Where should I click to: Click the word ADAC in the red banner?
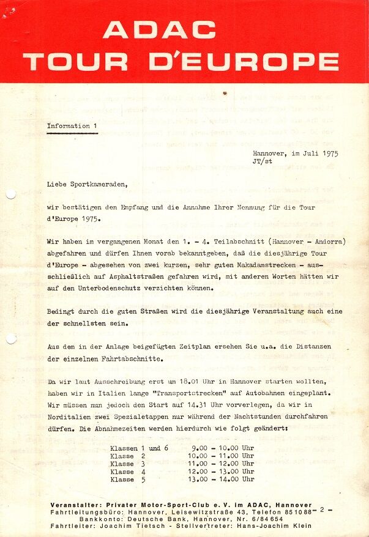159,30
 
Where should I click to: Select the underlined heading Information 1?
72,126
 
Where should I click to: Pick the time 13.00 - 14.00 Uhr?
222,480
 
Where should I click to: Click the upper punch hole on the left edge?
10,194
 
